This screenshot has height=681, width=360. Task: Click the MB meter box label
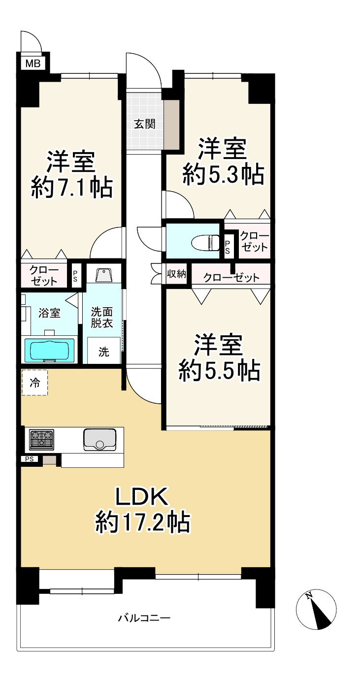33,63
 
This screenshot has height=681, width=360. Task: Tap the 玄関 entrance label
145,124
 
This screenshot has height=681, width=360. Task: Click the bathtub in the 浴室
49,351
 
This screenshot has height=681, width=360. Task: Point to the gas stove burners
41,439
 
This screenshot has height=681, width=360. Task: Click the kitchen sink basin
99,439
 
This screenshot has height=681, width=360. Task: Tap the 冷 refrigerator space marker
34,383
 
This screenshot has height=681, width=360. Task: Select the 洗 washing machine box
104,352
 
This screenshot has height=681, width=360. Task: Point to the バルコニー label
144,617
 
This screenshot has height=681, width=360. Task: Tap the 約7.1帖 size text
72,188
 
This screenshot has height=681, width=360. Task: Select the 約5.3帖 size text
223,175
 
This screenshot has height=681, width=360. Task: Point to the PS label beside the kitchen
29,459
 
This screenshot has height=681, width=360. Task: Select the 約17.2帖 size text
142,522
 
